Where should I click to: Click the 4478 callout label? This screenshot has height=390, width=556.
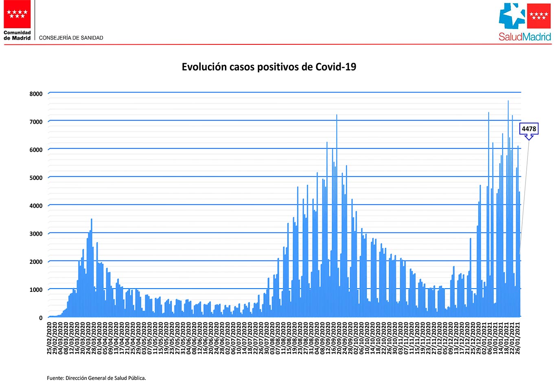(x=529, y=129)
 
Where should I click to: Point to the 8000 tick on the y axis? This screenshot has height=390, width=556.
(x=36, y=94)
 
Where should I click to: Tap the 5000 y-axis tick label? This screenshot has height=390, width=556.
(x=36, y=177)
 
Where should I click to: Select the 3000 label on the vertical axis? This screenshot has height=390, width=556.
(x=36, y=234)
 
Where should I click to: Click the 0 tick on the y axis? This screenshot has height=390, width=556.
(x=41, y=318)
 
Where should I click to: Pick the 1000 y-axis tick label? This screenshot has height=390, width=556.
(x=36, y=289)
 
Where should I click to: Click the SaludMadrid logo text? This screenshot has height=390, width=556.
(x=525, y=37)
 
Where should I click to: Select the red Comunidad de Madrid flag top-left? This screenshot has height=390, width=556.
(x=18, y=14)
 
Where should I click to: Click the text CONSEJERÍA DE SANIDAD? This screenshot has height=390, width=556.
(x=71, y=38)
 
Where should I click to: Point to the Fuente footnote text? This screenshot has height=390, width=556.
(x=96, y=378)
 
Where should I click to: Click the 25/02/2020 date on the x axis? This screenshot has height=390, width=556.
(x=50, y=338)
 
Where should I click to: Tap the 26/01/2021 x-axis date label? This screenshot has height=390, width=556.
(x=518, y=338)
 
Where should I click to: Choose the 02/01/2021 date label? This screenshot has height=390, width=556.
(x=484, y=338)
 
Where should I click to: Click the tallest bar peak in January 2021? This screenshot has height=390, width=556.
(x=508, y=101)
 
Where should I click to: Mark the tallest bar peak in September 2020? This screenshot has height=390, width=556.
(x=337, y=116)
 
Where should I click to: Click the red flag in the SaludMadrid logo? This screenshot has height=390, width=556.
(x=539, y=16)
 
